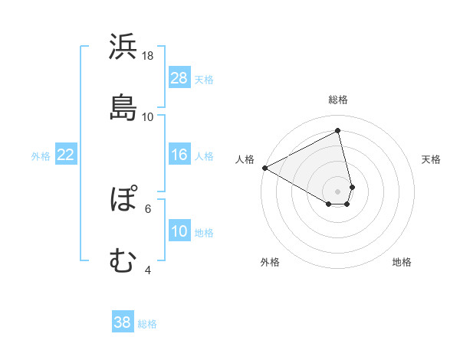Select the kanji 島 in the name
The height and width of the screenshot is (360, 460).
click(x=123, y=106)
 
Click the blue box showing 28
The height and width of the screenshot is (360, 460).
click(x=179, y=78)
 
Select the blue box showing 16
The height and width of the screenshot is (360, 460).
click(x=179, y=155)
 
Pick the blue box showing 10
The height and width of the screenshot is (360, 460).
click(x=179, y=231)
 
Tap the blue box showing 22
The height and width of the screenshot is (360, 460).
click(x=66, y=155)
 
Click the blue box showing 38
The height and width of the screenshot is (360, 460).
click(x=123, y=322)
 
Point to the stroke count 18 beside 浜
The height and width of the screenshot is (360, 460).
click(x=148, y=55)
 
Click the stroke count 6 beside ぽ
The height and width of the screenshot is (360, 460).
click(x=148, y=208)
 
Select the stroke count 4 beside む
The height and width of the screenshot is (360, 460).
click(x=148, y=270)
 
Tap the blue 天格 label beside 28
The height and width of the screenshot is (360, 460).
click(x=204, y=79)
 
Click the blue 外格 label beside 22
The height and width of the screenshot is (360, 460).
click(x=41, y=155)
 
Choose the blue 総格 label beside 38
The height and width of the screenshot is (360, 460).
click(x=147, y=323)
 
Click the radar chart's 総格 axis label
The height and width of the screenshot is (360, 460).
click(x=338, y=100)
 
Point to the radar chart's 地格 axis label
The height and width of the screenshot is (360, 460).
click(x=402, y=262)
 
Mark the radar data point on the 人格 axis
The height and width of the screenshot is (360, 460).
click(x=264, y=167)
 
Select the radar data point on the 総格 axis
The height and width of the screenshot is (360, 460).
click(x=338, y=130)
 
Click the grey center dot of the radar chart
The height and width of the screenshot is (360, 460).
click(x=338, y=191)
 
